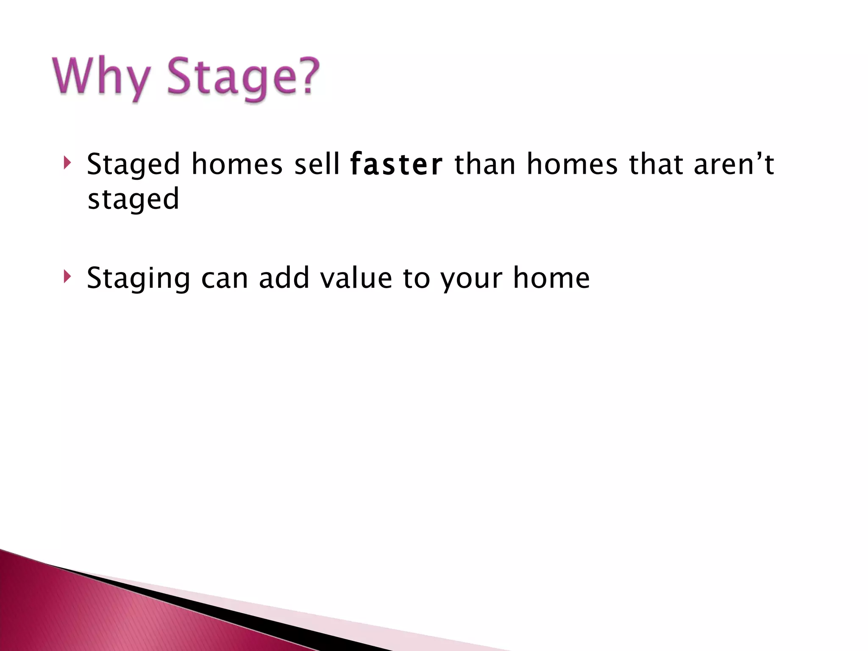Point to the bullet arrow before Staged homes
point(67,163)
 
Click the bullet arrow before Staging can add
point(67,277)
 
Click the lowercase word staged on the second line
point(133,199)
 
